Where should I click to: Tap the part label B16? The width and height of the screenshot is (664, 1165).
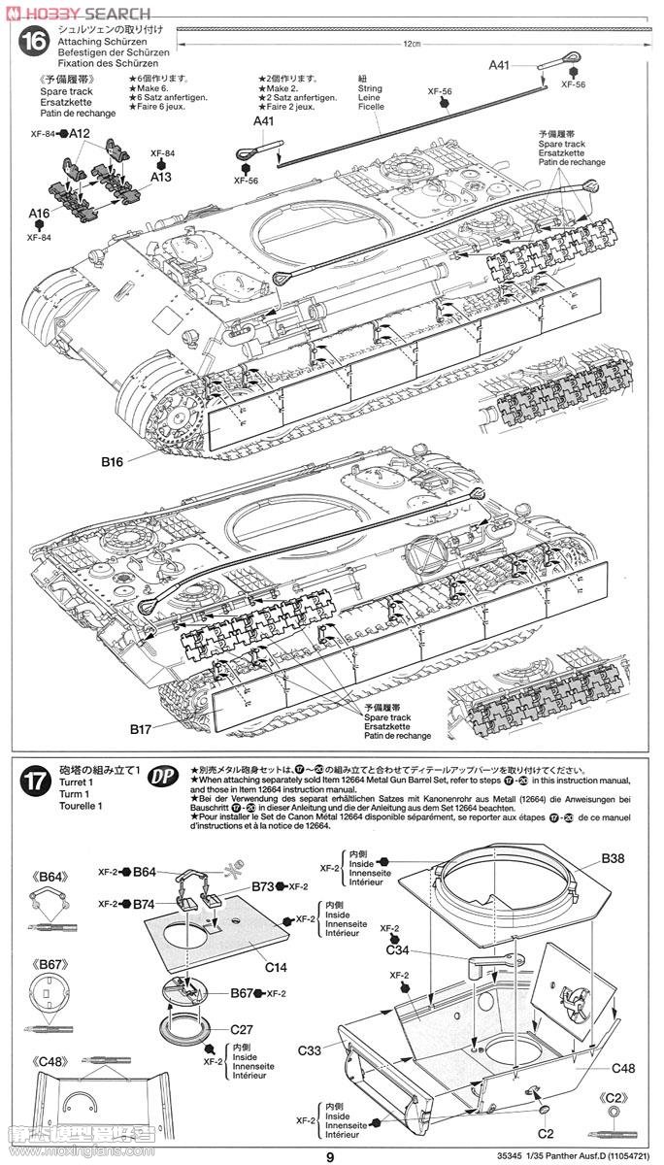click(114, 462)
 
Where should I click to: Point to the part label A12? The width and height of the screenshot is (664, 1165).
click(80, 134)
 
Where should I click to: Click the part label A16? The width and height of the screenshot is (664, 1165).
click(39, 214)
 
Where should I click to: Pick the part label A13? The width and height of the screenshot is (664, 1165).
click(161, 178)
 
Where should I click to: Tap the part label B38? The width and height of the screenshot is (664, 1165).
click(613, 858)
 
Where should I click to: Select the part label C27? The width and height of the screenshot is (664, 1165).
click(242, 1029)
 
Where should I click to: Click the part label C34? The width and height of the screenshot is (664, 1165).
click(397, 949)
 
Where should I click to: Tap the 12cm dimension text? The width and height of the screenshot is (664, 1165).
click(414, 44)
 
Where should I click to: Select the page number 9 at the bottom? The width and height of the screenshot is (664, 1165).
click(330, 1155)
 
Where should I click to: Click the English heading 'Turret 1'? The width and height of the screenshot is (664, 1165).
click(76, 782)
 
